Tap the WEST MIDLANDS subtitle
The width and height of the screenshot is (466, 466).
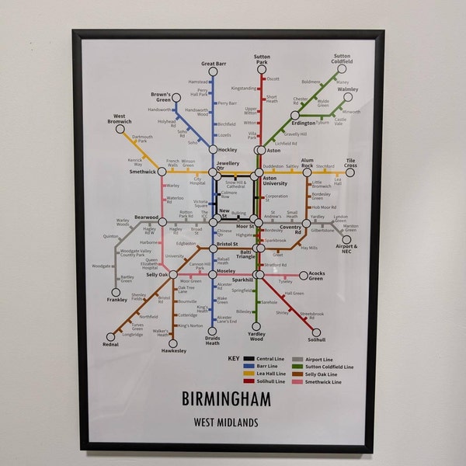click(227, 423)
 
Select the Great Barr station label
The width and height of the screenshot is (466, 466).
click(213, 63)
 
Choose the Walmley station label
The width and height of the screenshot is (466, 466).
click(347, 90)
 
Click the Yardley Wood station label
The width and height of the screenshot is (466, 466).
click(256, 336)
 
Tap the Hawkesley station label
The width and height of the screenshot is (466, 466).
click(174, 350)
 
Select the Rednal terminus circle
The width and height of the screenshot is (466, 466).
click(110, 336)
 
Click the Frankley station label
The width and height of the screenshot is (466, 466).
click(117, 299)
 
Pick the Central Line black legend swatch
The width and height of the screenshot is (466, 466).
click(249, 359)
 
